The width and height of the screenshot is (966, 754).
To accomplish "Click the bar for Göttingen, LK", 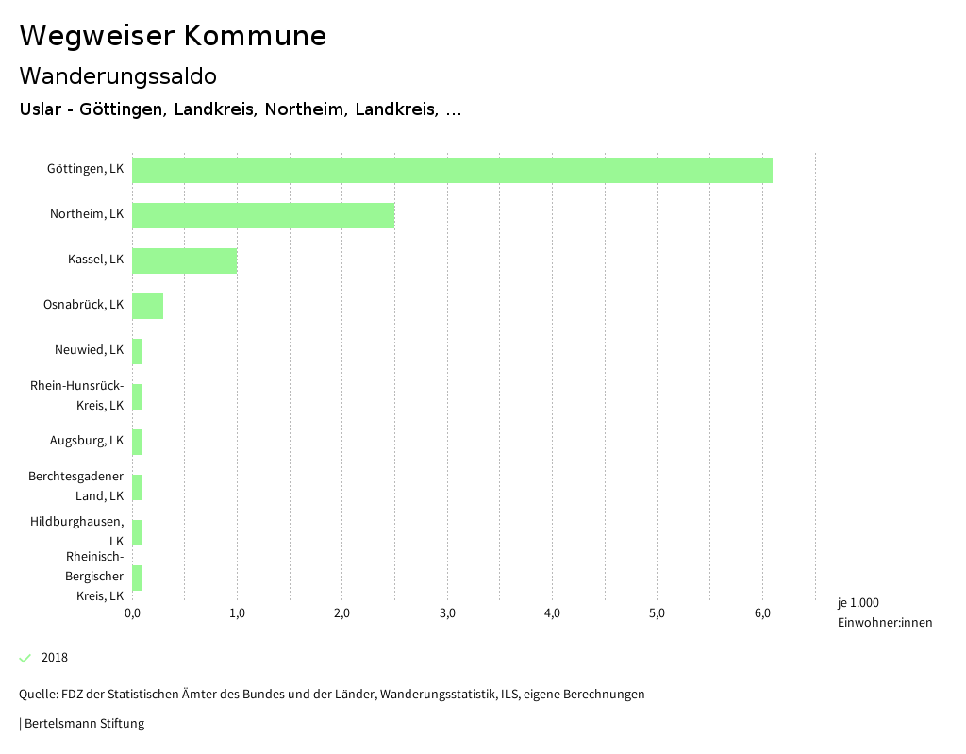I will coord(452,170).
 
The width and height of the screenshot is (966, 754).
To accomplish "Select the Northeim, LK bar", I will coord(263,215).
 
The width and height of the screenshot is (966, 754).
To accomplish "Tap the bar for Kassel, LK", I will coord(184,260).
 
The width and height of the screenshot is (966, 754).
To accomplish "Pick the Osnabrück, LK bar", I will coord(147,306).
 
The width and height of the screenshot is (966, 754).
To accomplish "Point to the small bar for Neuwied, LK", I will coord(138,351).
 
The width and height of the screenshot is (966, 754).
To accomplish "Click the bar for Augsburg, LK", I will coord(138,442).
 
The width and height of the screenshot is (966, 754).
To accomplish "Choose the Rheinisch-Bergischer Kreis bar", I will coord(138,578).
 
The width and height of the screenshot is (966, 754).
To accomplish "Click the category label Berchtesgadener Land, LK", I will coord(76,486).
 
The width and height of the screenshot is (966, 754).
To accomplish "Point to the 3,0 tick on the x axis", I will coord(447,613).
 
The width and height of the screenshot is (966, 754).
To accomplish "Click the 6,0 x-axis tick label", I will coord(762,613).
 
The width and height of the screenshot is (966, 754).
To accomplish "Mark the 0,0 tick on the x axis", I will coord(132,613).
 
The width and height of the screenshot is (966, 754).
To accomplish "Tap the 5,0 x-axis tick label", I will coord(658,613).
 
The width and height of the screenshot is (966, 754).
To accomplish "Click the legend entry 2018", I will coord(55,658).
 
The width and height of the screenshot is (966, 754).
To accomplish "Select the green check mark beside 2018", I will coord(25,658).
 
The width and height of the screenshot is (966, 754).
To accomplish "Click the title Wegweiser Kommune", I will coord(173,36).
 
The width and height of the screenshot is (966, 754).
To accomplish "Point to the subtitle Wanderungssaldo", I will coord(118,75).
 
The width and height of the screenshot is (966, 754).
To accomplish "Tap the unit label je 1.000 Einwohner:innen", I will coord(884,612).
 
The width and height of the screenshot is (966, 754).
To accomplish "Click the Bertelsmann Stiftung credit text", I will coord(82,724).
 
